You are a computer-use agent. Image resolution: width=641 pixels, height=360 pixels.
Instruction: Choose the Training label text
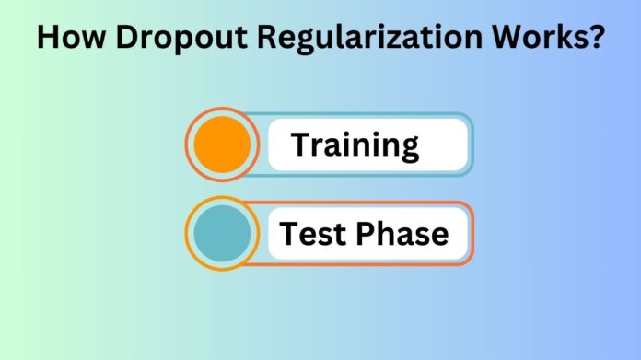pyautogui.click(x=355, y=145)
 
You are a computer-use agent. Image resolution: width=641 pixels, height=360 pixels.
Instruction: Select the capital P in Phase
pyautogui.click(x=367, y=234)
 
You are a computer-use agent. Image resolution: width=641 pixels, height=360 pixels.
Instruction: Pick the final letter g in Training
pyautogui.click(x=409, y=148)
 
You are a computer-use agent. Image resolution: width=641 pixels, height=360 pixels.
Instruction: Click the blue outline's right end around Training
pyautogui.click(x=472, y=144)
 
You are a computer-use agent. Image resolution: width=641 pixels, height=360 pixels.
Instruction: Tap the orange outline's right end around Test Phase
pyautogui.click(x=472, y=233)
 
